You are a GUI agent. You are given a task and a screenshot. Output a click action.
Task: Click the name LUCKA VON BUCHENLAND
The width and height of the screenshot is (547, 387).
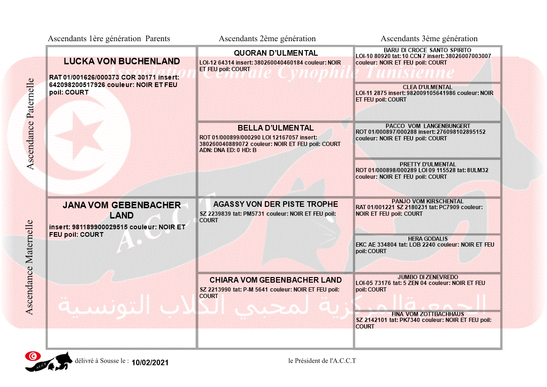[x=122, y=61]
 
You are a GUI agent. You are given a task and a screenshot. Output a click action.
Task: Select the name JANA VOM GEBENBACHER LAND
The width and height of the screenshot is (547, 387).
[x=122, y=210]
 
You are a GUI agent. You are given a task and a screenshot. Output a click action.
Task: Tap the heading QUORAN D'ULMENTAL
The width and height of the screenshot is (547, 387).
[x=276, y=53]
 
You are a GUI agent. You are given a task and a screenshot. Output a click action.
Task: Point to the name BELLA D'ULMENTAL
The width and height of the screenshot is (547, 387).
[x=276, y=128]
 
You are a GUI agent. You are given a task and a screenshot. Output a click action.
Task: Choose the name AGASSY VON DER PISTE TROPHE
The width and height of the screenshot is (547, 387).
[x=276, y=204]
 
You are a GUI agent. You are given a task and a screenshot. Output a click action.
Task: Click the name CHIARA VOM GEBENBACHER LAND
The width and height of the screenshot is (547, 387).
[x=276, y=280]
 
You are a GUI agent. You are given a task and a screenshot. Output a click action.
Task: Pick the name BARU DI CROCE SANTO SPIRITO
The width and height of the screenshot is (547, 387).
[x=427, y=50]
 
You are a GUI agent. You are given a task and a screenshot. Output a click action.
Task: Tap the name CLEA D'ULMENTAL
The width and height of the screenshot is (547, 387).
[x=427, y=87]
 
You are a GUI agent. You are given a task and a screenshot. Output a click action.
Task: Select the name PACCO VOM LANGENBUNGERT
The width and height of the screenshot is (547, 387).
[x=428, y=126]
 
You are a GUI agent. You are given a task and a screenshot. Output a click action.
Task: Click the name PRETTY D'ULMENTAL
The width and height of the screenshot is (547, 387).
[x=428, y=164]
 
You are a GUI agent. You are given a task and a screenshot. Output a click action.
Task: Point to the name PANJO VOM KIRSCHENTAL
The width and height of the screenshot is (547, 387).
[x=428, y=201]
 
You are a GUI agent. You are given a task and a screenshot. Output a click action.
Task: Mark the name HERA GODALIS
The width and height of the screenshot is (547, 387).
[x=428, y=239]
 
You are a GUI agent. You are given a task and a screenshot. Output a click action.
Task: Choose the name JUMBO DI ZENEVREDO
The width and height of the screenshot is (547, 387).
[x=428, y=277]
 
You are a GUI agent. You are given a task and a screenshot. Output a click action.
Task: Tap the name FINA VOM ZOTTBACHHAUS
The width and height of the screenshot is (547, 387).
[x=428, y=314]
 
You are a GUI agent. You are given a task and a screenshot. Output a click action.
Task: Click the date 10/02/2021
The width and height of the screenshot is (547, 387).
[x=150, y=363]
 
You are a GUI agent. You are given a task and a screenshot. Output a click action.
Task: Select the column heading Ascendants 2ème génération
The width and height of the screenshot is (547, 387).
[x=267, y=39]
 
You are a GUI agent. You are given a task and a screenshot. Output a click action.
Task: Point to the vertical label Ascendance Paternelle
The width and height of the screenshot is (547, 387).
[x=30, y=124]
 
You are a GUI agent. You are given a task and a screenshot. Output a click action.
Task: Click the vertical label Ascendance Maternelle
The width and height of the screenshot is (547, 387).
[x=29, y=267]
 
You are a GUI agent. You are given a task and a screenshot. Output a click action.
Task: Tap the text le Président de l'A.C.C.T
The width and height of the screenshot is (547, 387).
[x=322, y=360]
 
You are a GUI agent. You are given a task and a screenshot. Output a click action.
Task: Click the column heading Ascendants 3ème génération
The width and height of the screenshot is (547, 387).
[x=429, y=39]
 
